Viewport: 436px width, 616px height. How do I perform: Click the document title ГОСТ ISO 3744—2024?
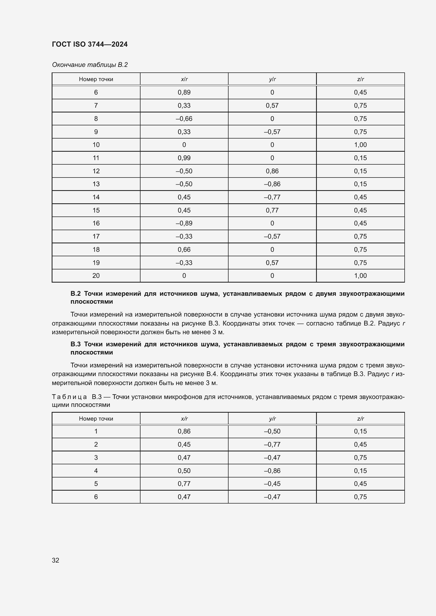click(x=90, y=44)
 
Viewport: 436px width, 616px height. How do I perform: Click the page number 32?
click(x=56, y=560)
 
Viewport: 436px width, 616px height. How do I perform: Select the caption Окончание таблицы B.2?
click(x=90, y=65)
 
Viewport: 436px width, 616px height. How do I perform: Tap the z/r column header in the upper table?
click(x=360, y=79)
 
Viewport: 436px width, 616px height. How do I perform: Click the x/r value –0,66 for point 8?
click(x=184, y=119)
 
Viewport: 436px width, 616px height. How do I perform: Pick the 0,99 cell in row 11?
click(x=184, y=158)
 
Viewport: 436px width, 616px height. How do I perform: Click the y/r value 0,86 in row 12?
click(x=272, y=171)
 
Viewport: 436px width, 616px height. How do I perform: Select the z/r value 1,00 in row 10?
click(x=360, y=145)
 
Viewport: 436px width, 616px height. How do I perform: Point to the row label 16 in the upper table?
click(x=96, y=223)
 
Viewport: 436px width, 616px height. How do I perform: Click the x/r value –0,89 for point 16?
click(x=184, y=223)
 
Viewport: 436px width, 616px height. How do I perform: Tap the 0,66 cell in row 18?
click(x=184, y=249)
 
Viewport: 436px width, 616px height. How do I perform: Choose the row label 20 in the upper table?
click(x=96, y=275)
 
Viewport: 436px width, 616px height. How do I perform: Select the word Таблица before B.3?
click(x=69, y=397)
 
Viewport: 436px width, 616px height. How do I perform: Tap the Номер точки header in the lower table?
click(x=96, y=418)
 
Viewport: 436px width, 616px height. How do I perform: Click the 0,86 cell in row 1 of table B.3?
click(x=184, y=431)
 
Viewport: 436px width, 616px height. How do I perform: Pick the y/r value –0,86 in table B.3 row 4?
click(x=272, y=471)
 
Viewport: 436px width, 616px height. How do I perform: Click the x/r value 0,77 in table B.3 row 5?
click(x=184, y=484)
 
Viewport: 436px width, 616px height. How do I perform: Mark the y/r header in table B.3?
click(x=272, y=418)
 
